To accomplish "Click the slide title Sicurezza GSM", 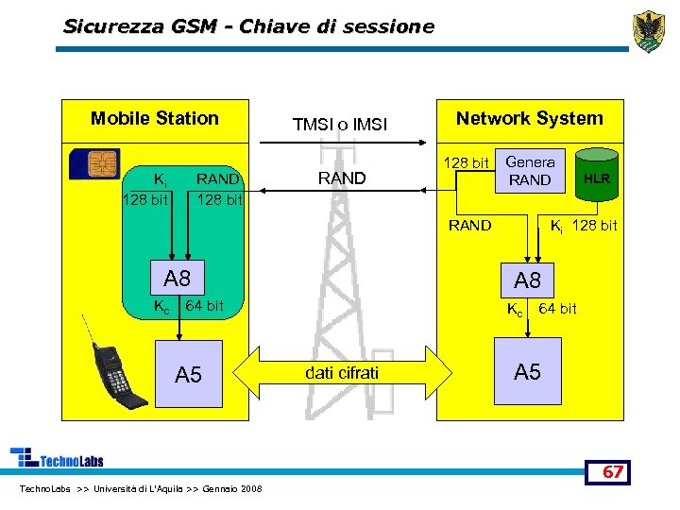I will point(248,26).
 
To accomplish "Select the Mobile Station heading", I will point(154,118).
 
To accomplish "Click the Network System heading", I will point(529,118).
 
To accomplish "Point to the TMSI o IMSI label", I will point(340,124).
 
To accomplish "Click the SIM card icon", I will point(94,164).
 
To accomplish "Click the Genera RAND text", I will point(530,171).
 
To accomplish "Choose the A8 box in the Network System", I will point(527,280).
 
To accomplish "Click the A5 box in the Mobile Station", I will point(189,375).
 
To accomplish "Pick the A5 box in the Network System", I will point(527,372).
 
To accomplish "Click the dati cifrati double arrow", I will point(342,373).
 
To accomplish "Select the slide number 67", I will point(613,471).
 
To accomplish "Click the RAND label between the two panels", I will point(341,178).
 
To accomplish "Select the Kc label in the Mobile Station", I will point(161,305).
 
